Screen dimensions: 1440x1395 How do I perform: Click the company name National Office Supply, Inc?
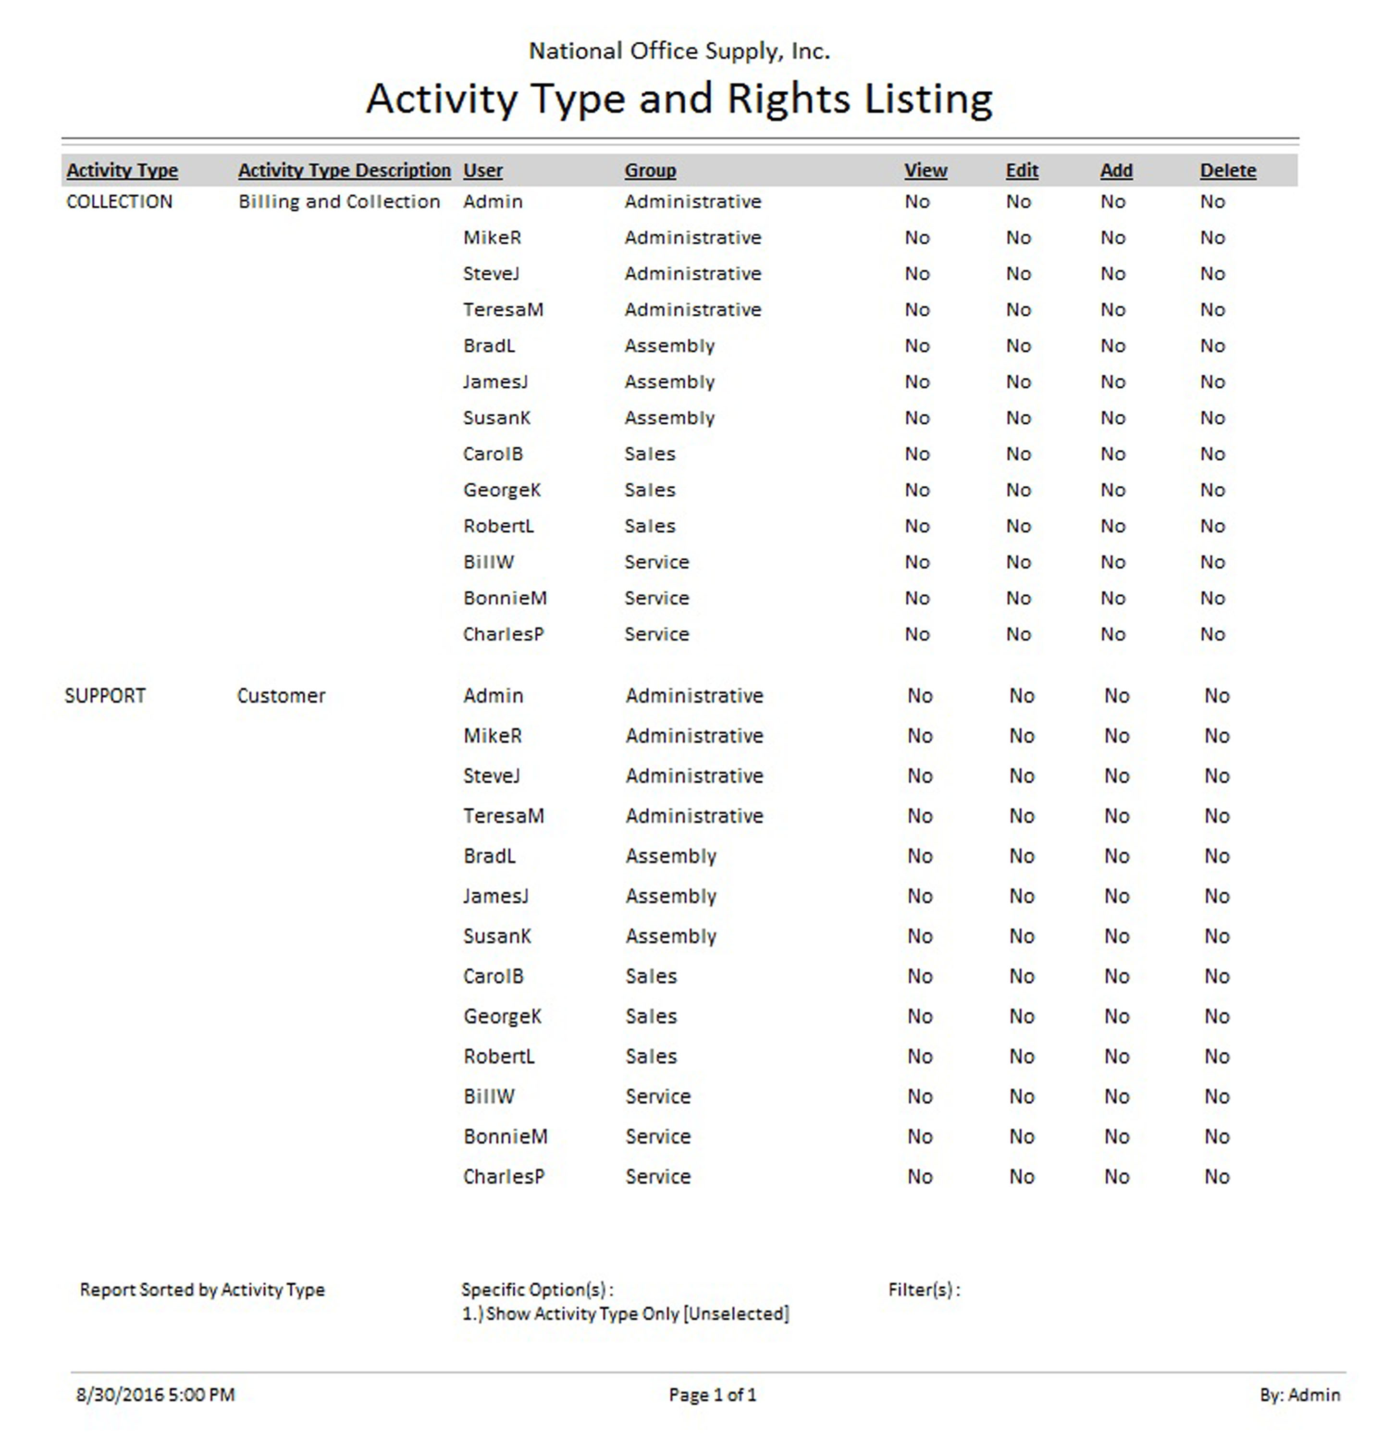point(679,51)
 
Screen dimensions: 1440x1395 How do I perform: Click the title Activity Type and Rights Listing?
point(679,98)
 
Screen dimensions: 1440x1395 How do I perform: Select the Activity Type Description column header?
point(344,171)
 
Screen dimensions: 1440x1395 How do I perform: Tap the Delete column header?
point(1227,171)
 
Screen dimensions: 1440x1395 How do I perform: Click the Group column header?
point(650,171)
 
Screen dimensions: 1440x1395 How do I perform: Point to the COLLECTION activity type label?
point(119,202)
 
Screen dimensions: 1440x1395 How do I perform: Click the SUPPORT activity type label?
point(105,696)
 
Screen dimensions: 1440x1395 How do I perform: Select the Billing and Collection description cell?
point(339,202)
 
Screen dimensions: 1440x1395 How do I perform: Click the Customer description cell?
point(281,696)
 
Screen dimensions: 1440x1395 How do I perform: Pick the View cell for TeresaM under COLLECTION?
point(917,310)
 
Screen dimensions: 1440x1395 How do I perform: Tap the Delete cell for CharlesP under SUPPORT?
point(1217,1176)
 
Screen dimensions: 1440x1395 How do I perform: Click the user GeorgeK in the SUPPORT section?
point(502,1016)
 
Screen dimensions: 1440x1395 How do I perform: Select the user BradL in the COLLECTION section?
point(489,346)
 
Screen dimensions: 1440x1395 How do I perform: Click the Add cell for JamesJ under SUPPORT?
point(1116,896)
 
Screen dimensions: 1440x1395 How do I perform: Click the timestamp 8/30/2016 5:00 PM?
point(156,1394)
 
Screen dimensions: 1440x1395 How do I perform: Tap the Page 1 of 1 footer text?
point(712,1394)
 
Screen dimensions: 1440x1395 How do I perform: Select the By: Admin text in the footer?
point(1299,1394)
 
